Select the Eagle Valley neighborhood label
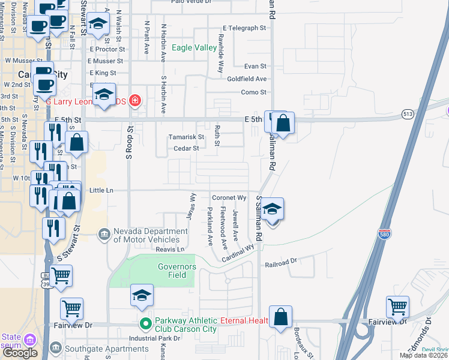pos(194,47)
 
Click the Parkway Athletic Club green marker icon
pos(145,325)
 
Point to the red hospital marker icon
pos(134,100)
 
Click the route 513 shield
pos(408,113)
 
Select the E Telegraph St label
pos(244,28)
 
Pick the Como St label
pos(253,92)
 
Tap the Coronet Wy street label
pos(229,197)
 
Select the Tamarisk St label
pos(186,137)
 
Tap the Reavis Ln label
pos(170,249)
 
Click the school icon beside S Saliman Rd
pos(273,210)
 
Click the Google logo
pos(20,353)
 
